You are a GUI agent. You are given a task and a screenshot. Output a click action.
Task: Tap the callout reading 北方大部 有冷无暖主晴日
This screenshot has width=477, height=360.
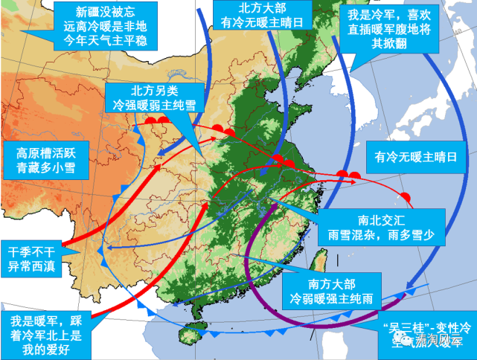click(256, 16)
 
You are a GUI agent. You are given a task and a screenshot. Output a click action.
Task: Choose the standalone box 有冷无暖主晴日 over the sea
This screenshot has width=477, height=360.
click(415, 158)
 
